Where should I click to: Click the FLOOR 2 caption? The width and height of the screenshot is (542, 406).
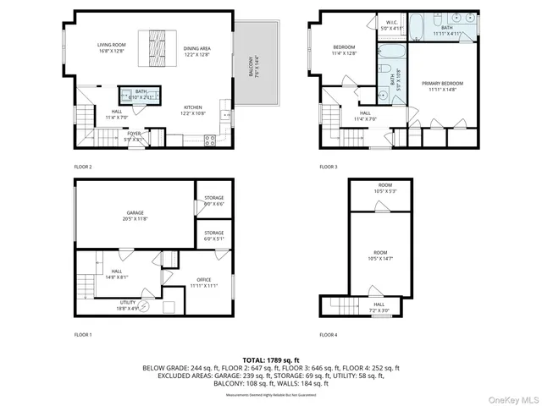(x=83, y=167)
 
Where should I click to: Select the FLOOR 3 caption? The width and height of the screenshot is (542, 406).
(x=329, y=167)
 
